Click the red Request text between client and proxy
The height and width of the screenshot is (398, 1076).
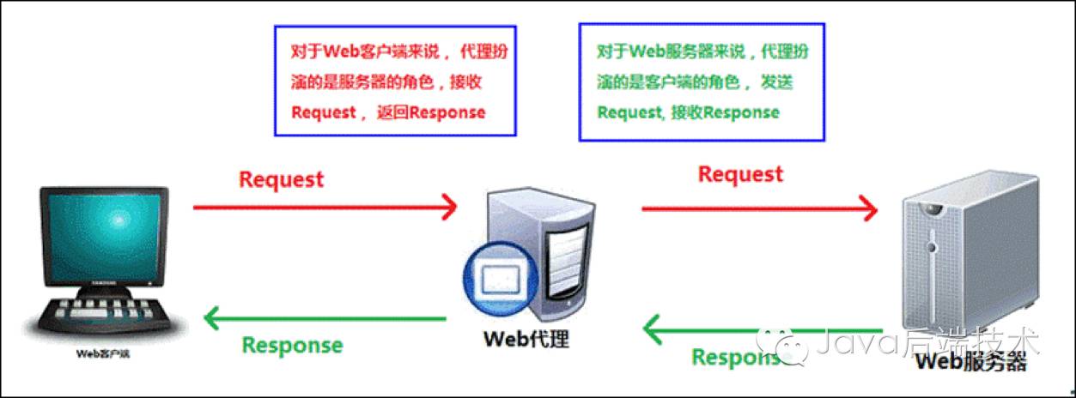(x=281, y=179)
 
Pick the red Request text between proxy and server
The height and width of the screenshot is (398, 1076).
(x=740, y=174)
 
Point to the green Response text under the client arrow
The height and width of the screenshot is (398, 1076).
(x=292, y=346)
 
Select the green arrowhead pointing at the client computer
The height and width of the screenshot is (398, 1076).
(x=213, y=320)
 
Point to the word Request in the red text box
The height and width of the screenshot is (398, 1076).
(x=323, y=112)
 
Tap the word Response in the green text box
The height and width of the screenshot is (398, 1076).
(x=744, y=112)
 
